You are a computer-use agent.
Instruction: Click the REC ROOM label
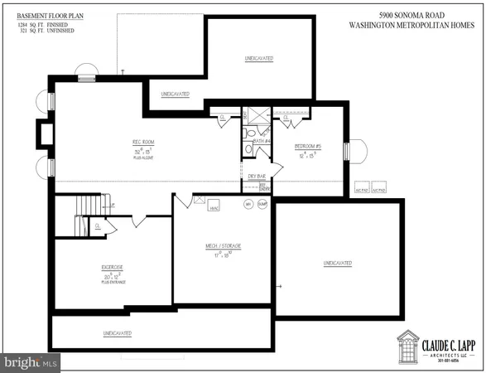(142, 143)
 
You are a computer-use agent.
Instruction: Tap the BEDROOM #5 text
(306, 147)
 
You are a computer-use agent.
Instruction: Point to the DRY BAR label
(256, 176)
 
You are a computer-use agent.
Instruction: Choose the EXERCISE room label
(112, 267)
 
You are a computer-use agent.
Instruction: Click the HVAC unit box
(213, 205)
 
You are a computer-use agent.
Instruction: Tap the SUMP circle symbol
(262, 204)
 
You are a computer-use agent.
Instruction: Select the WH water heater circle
(247, 204)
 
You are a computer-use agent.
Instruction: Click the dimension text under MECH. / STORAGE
(222, 255)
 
